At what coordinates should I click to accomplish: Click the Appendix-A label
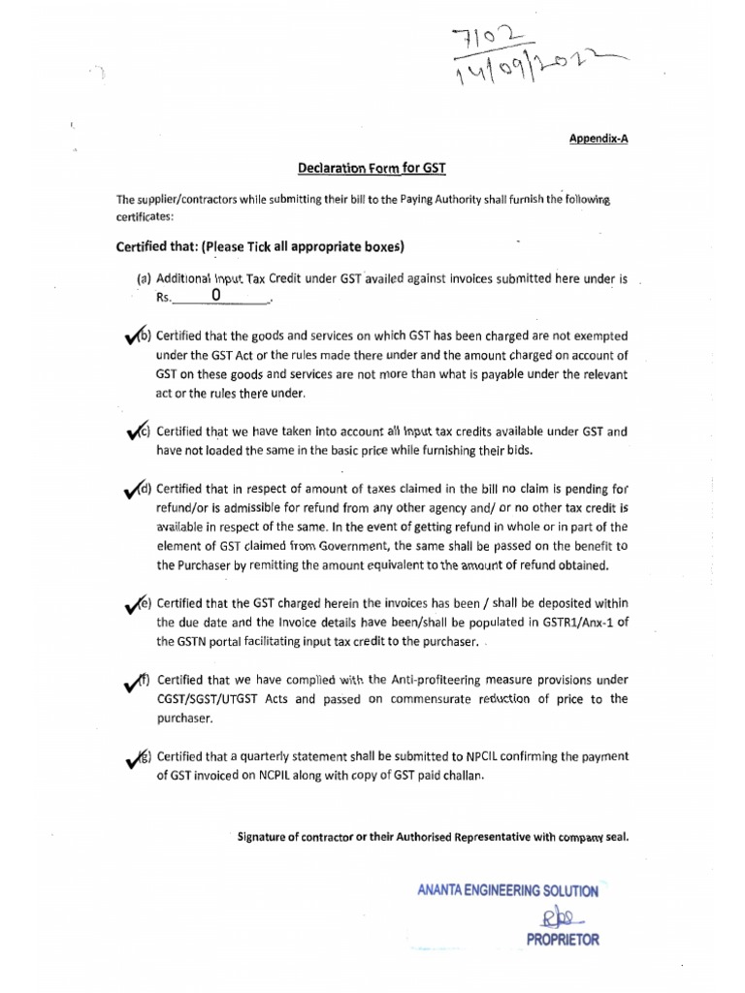pos(599,139)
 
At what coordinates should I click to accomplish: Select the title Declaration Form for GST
pos(372,168)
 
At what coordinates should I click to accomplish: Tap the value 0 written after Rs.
pos(215,295)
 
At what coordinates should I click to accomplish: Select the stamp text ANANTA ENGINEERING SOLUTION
pos(507,890)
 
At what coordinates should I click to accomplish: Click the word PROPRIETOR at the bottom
pos(563,939)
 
